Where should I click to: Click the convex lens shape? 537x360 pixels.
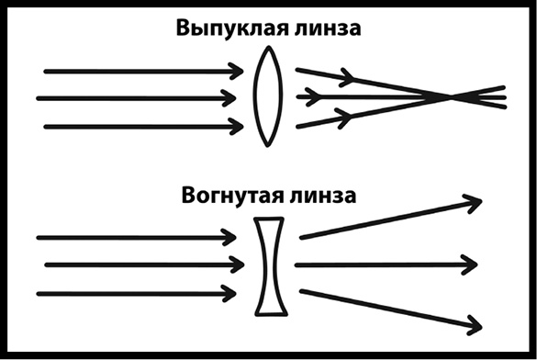267,97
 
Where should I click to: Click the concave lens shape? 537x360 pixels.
267,266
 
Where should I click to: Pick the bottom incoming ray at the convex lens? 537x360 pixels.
138,126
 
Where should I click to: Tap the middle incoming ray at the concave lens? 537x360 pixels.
138,266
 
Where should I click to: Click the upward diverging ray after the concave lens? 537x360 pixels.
386,219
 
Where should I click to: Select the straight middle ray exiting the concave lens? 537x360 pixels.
386,266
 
